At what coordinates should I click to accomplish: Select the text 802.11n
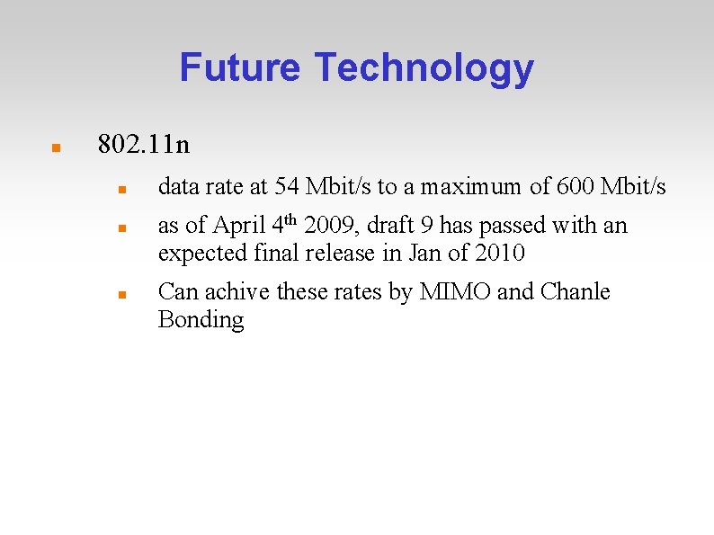(x=143, y=144)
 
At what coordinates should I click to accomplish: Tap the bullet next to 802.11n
(x=55, y=146)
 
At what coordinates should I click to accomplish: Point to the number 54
(x=287, y=187)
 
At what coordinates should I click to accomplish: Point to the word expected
(x=198, y=254)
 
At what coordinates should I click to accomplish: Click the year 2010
(x=499, y=254)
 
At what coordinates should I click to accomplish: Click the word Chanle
(x=575, y=292)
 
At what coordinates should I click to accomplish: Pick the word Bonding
(x=201, y=320)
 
